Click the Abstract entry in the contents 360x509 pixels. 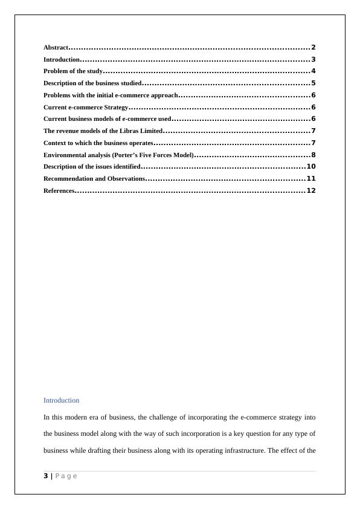[x=56, y=48]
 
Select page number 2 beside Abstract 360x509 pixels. [x=313, y=47]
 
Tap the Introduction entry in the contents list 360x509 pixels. [x=62, y=60]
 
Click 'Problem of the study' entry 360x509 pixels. [x=73, y=71]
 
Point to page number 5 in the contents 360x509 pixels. [x=313, y=83]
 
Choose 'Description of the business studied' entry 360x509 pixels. [x=92, y=83]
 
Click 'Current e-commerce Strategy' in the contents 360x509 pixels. [x=86, y=108]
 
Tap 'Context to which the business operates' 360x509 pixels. [x=98, y=143]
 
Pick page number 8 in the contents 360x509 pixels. [x=313, y=155]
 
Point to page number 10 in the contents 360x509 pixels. [x=311, y=166]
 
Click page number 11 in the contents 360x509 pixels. [x=311, y=178]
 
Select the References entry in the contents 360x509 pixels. [x=59, y=191]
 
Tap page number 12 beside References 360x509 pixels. [x=311, y=190]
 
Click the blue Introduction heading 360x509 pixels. [x=61, y=400]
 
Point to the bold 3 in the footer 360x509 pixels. [x=45, y=476]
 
